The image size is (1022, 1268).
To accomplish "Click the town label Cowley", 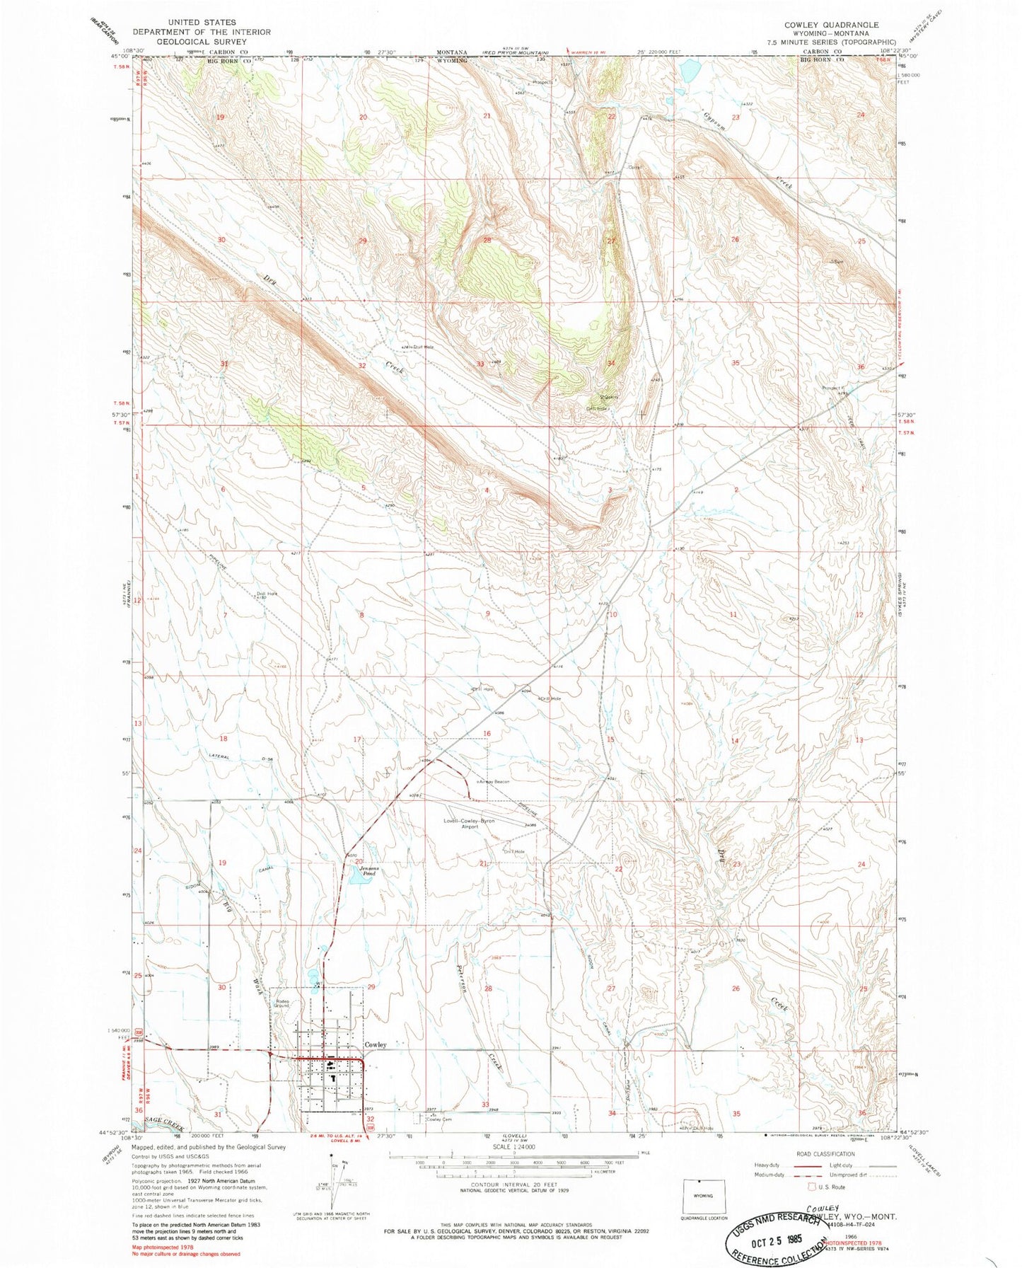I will tap(375, 1044).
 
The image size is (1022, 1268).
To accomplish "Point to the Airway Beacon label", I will tap(493, 781).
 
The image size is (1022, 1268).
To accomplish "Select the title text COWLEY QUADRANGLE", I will tap(831, 25).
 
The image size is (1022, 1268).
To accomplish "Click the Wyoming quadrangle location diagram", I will tap(703, 1194).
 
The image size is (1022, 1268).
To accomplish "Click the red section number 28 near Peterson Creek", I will tap(487, 988).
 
